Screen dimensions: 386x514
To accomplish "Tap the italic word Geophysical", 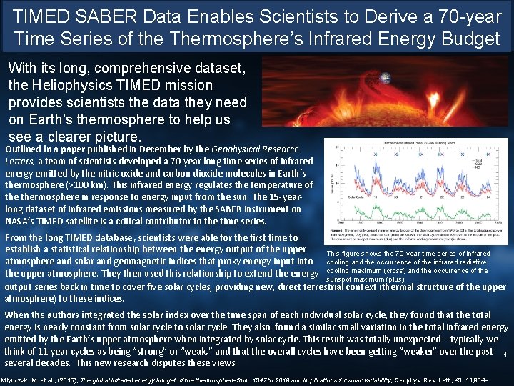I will click(240, 149).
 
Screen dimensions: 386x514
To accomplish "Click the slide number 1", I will click(505, 355).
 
